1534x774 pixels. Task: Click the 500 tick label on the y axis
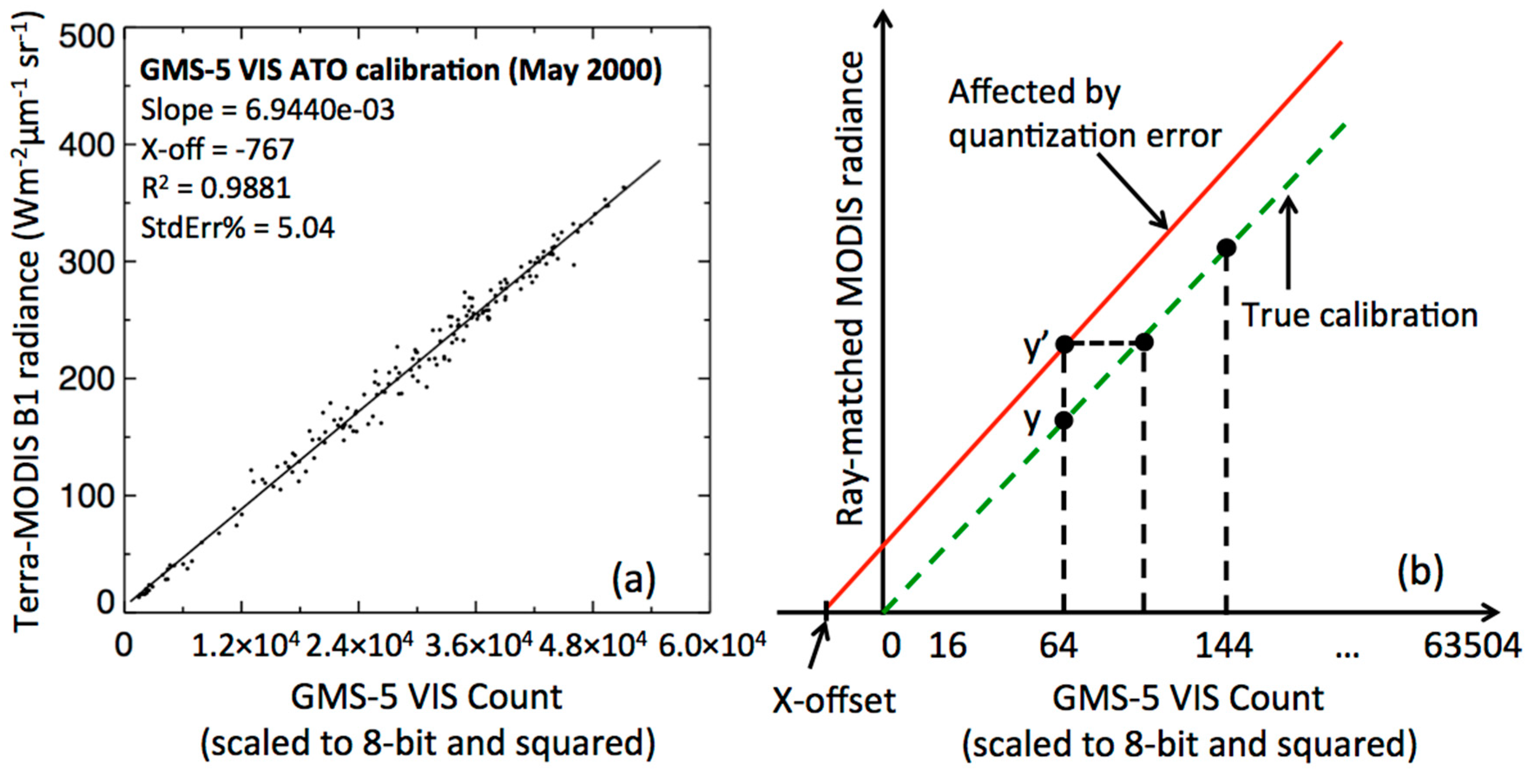click(x=86, y=37)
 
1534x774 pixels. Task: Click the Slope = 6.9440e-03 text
click(x=267, y=111)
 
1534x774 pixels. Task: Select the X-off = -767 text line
click(x=217, y=149)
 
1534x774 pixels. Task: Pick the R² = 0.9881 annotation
click(x=216, y=189)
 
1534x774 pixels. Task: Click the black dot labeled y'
click(x=1064, y=344)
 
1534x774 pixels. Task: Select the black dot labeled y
click(x=1064, y=421)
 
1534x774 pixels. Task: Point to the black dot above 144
click(x=1225, y=248)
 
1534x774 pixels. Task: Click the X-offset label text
click(x=833, y=701)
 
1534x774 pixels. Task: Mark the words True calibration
click(x=1360, y=315)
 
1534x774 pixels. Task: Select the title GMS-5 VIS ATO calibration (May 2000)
click(x=400, y=71)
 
